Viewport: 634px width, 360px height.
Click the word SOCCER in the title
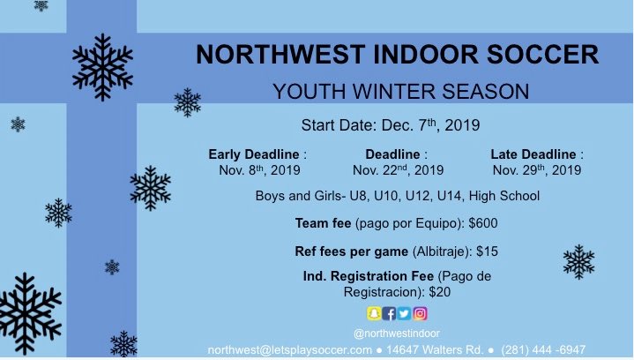tap(539, 55)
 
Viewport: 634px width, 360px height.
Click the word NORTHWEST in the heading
tap(274, 55)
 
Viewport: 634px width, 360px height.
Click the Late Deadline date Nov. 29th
tap(536, 169)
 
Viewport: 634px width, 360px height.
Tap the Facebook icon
tap(389, 313)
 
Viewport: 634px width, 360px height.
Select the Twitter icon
tap(405, 313)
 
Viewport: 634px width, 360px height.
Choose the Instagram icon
tap(421, 313)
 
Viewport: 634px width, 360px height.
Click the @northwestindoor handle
tap(397, 333)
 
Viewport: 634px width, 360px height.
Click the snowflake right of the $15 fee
tap(578, 261)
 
